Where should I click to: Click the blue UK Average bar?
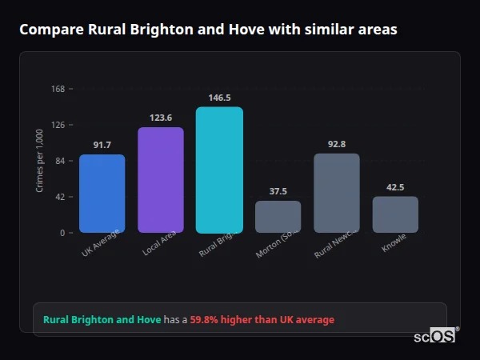102,194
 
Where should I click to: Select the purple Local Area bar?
161,180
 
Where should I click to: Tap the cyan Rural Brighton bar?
219,170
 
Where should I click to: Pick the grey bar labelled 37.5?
278,216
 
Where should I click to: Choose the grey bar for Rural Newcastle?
336,193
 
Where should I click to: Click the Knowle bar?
395,214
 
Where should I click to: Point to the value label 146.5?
219,98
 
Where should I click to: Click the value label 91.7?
102,145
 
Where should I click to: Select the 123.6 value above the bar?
161,118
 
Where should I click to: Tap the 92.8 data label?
336,144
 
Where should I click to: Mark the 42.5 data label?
395,187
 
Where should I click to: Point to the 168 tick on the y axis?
58,89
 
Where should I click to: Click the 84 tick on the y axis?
60,161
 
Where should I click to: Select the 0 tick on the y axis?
62,233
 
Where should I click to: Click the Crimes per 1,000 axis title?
39,161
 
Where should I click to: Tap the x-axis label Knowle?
394,242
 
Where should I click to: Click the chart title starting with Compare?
208,30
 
